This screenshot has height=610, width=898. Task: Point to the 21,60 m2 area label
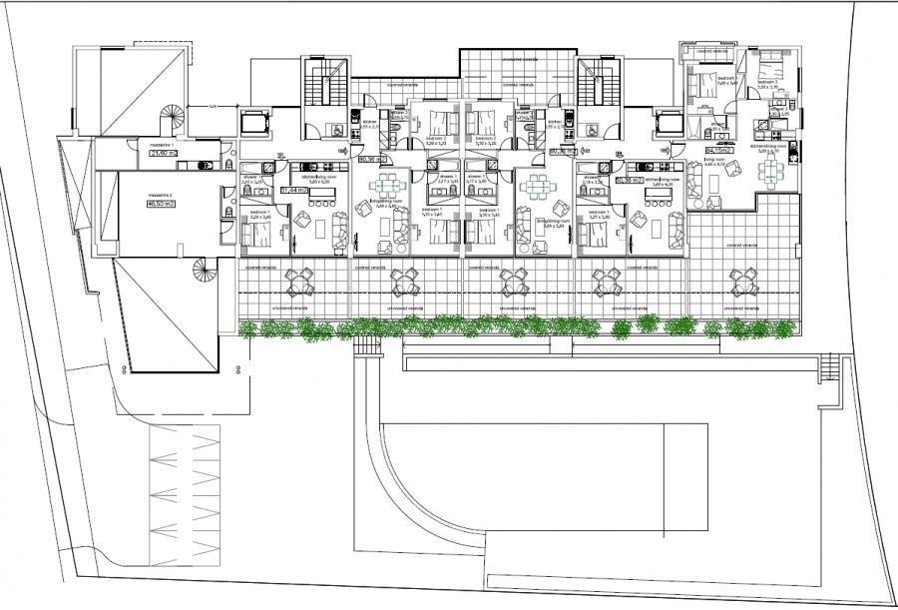161,153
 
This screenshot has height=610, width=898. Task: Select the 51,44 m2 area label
293,188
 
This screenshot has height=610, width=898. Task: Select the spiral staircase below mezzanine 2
202,271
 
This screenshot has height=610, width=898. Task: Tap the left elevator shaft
253,125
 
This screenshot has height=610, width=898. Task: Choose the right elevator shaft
666,125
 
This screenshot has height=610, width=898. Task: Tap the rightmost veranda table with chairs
742,283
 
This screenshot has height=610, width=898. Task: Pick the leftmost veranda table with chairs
299,285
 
